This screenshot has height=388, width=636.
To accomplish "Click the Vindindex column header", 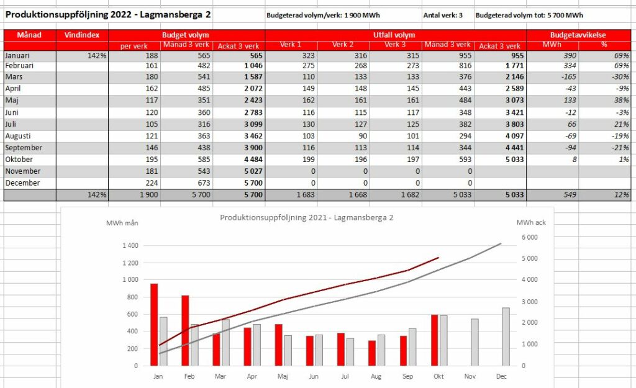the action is tap(81, 35).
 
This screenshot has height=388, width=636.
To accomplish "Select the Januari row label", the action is tap(17, 55).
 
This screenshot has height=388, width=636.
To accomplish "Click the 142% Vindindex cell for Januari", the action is tap(97, 55).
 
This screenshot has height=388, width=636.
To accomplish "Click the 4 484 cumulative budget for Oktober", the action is tap(253, 160).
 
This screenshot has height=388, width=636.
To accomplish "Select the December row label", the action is tap(23, 183).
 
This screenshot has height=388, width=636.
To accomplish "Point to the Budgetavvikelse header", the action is tap(578, 35).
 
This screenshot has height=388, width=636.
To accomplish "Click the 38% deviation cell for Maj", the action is tap(621, 100).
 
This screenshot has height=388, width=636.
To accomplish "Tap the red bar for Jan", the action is tap(154, 325).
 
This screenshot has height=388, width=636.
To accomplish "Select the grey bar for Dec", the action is tap(506, 336).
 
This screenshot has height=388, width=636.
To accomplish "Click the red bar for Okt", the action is tap(434, 340).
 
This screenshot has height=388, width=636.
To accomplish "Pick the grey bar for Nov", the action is tap(475, 342).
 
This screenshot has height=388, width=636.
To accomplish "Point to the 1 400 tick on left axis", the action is tap(130, 245).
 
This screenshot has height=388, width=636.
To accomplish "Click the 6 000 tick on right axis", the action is tap(529, 237).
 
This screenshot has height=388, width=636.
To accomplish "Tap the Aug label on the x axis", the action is tap(376, 376).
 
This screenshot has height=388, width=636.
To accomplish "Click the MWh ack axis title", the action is tap(531, 222).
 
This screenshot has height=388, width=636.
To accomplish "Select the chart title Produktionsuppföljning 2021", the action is tap(307, 218).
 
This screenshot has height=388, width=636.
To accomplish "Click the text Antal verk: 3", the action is tap(443, 16).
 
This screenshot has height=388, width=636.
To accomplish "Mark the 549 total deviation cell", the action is tap(570, 194).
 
